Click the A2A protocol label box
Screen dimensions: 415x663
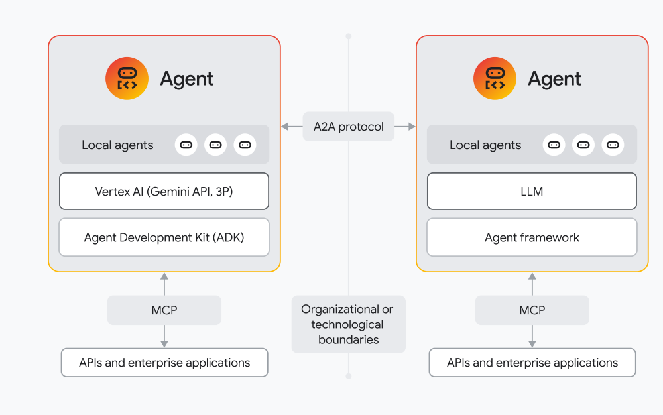[348, 127]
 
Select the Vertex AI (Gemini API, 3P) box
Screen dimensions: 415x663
[164, 192]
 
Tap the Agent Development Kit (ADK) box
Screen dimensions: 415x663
[164, 237]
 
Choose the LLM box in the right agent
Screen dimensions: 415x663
[532, 192]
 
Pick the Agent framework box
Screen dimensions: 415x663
[532, 237]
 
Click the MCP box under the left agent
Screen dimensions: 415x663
[164, 310]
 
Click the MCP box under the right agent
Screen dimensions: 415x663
[532, 310]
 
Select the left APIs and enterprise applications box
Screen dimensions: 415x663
[164, 363]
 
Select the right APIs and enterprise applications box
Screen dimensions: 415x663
[532, 363]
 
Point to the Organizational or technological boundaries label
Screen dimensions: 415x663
[347, 324]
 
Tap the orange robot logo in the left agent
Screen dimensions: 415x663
[127, 79]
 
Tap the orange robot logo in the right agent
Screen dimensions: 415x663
[495, 79]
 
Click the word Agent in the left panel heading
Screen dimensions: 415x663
[187, 79]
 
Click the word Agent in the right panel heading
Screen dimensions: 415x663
[555, 79]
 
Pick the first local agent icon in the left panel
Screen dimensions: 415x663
[186, 145]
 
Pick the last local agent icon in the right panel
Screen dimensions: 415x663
[613, 145]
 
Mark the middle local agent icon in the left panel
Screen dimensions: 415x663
[215, 145]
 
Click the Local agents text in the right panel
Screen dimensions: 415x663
[485, 145]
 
